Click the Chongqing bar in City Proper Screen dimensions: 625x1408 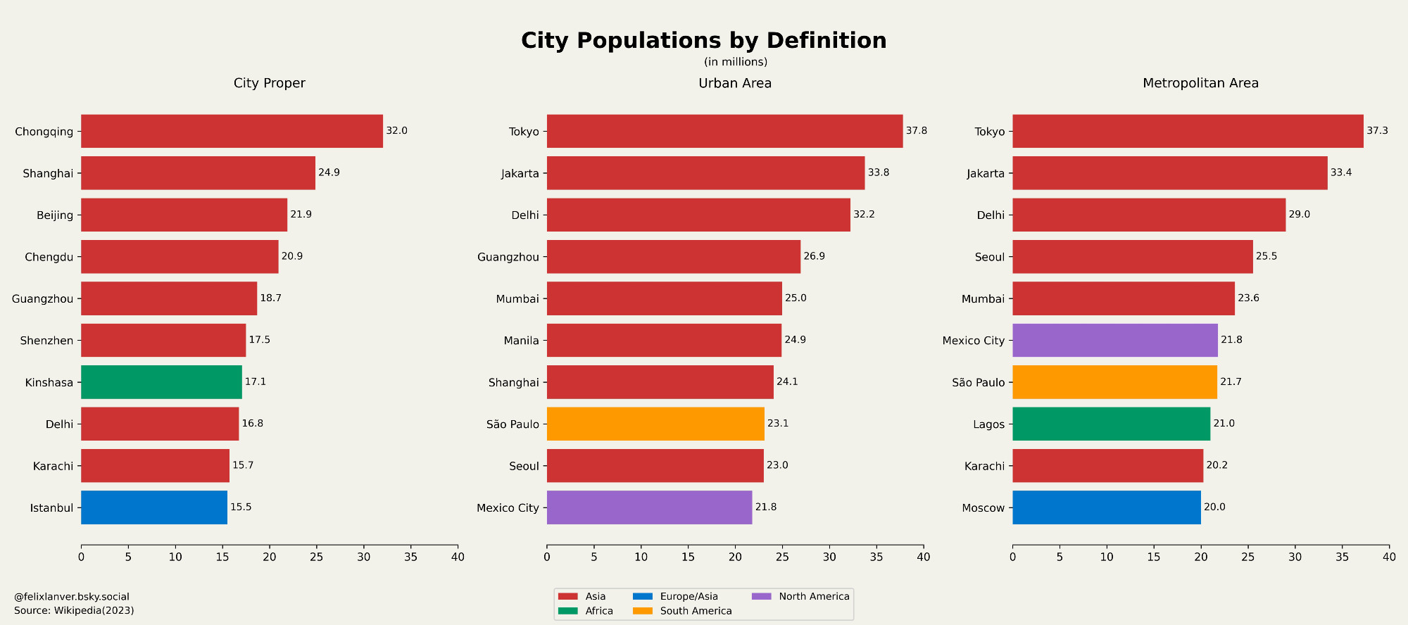tap(232, 131)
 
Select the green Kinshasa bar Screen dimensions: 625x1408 tap(161, 382)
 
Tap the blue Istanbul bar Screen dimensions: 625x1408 tap(154, 507)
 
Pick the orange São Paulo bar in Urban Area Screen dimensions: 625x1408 tap(655, 424)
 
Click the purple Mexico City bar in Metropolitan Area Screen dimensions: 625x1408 tap(1114, 340)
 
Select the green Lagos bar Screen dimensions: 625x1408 tap(1111, 424)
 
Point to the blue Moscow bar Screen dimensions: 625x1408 tap(1106, 507)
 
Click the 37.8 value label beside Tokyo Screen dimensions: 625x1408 tap(916, 131)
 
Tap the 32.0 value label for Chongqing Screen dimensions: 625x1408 tap(396, 131)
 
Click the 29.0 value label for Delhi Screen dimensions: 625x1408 tap(1299, 215)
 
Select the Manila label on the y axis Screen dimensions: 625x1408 tap(521, 341)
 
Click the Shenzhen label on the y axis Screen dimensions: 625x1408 tap(46, 341)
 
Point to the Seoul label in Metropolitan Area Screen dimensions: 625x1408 tap(989, 257)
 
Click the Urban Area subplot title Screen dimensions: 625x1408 tap(734, 83)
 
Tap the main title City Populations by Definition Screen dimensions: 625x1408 tap(703, 40)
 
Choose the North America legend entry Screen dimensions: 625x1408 tap(814, 596)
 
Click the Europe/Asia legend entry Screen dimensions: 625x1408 tap(689, 596)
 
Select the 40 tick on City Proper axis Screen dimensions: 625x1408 tap(458, 557)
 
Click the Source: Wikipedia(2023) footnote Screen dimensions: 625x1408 tap(74, 610)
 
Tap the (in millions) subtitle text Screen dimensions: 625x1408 tap(735, 62)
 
